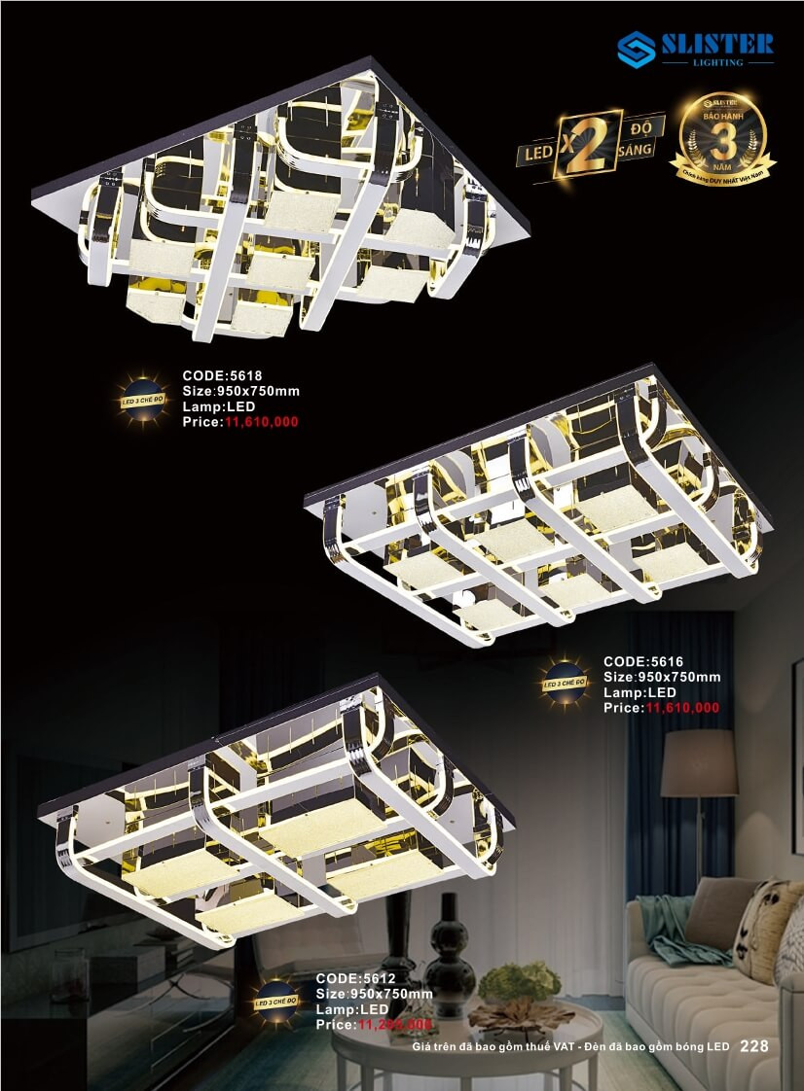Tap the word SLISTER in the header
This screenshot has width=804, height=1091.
(x=718, y=43)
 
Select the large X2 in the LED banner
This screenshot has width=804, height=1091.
(x=578, y=144)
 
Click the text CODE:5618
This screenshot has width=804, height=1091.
(x=223, y=375)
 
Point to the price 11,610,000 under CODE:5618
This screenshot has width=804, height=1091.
(x=262, y=423)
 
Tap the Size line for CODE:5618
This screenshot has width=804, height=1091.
(x=241, y=392)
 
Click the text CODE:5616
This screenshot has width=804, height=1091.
(x=643, y=661)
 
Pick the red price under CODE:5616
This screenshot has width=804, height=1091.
(x=682, y=708)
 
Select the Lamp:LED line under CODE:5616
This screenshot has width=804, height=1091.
(x=640, y=692)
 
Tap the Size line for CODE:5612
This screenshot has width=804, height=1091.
(x=375, y=994)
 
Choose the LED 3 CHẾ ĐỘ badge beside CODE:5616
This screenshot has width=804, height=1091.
(x=565, y=684)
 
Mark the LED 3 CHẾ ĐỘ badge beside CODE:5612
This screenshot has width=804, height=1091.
(x=276, y=1000)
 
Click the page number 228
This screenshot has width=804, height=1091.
(x=754, y=1046)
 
